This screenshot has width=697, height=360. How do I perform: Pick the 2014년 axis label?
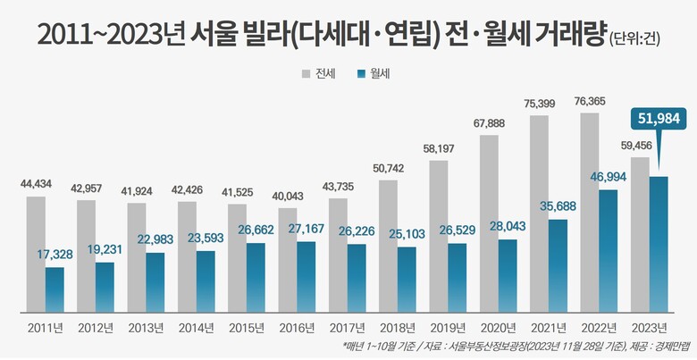(x=197, y=326)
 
